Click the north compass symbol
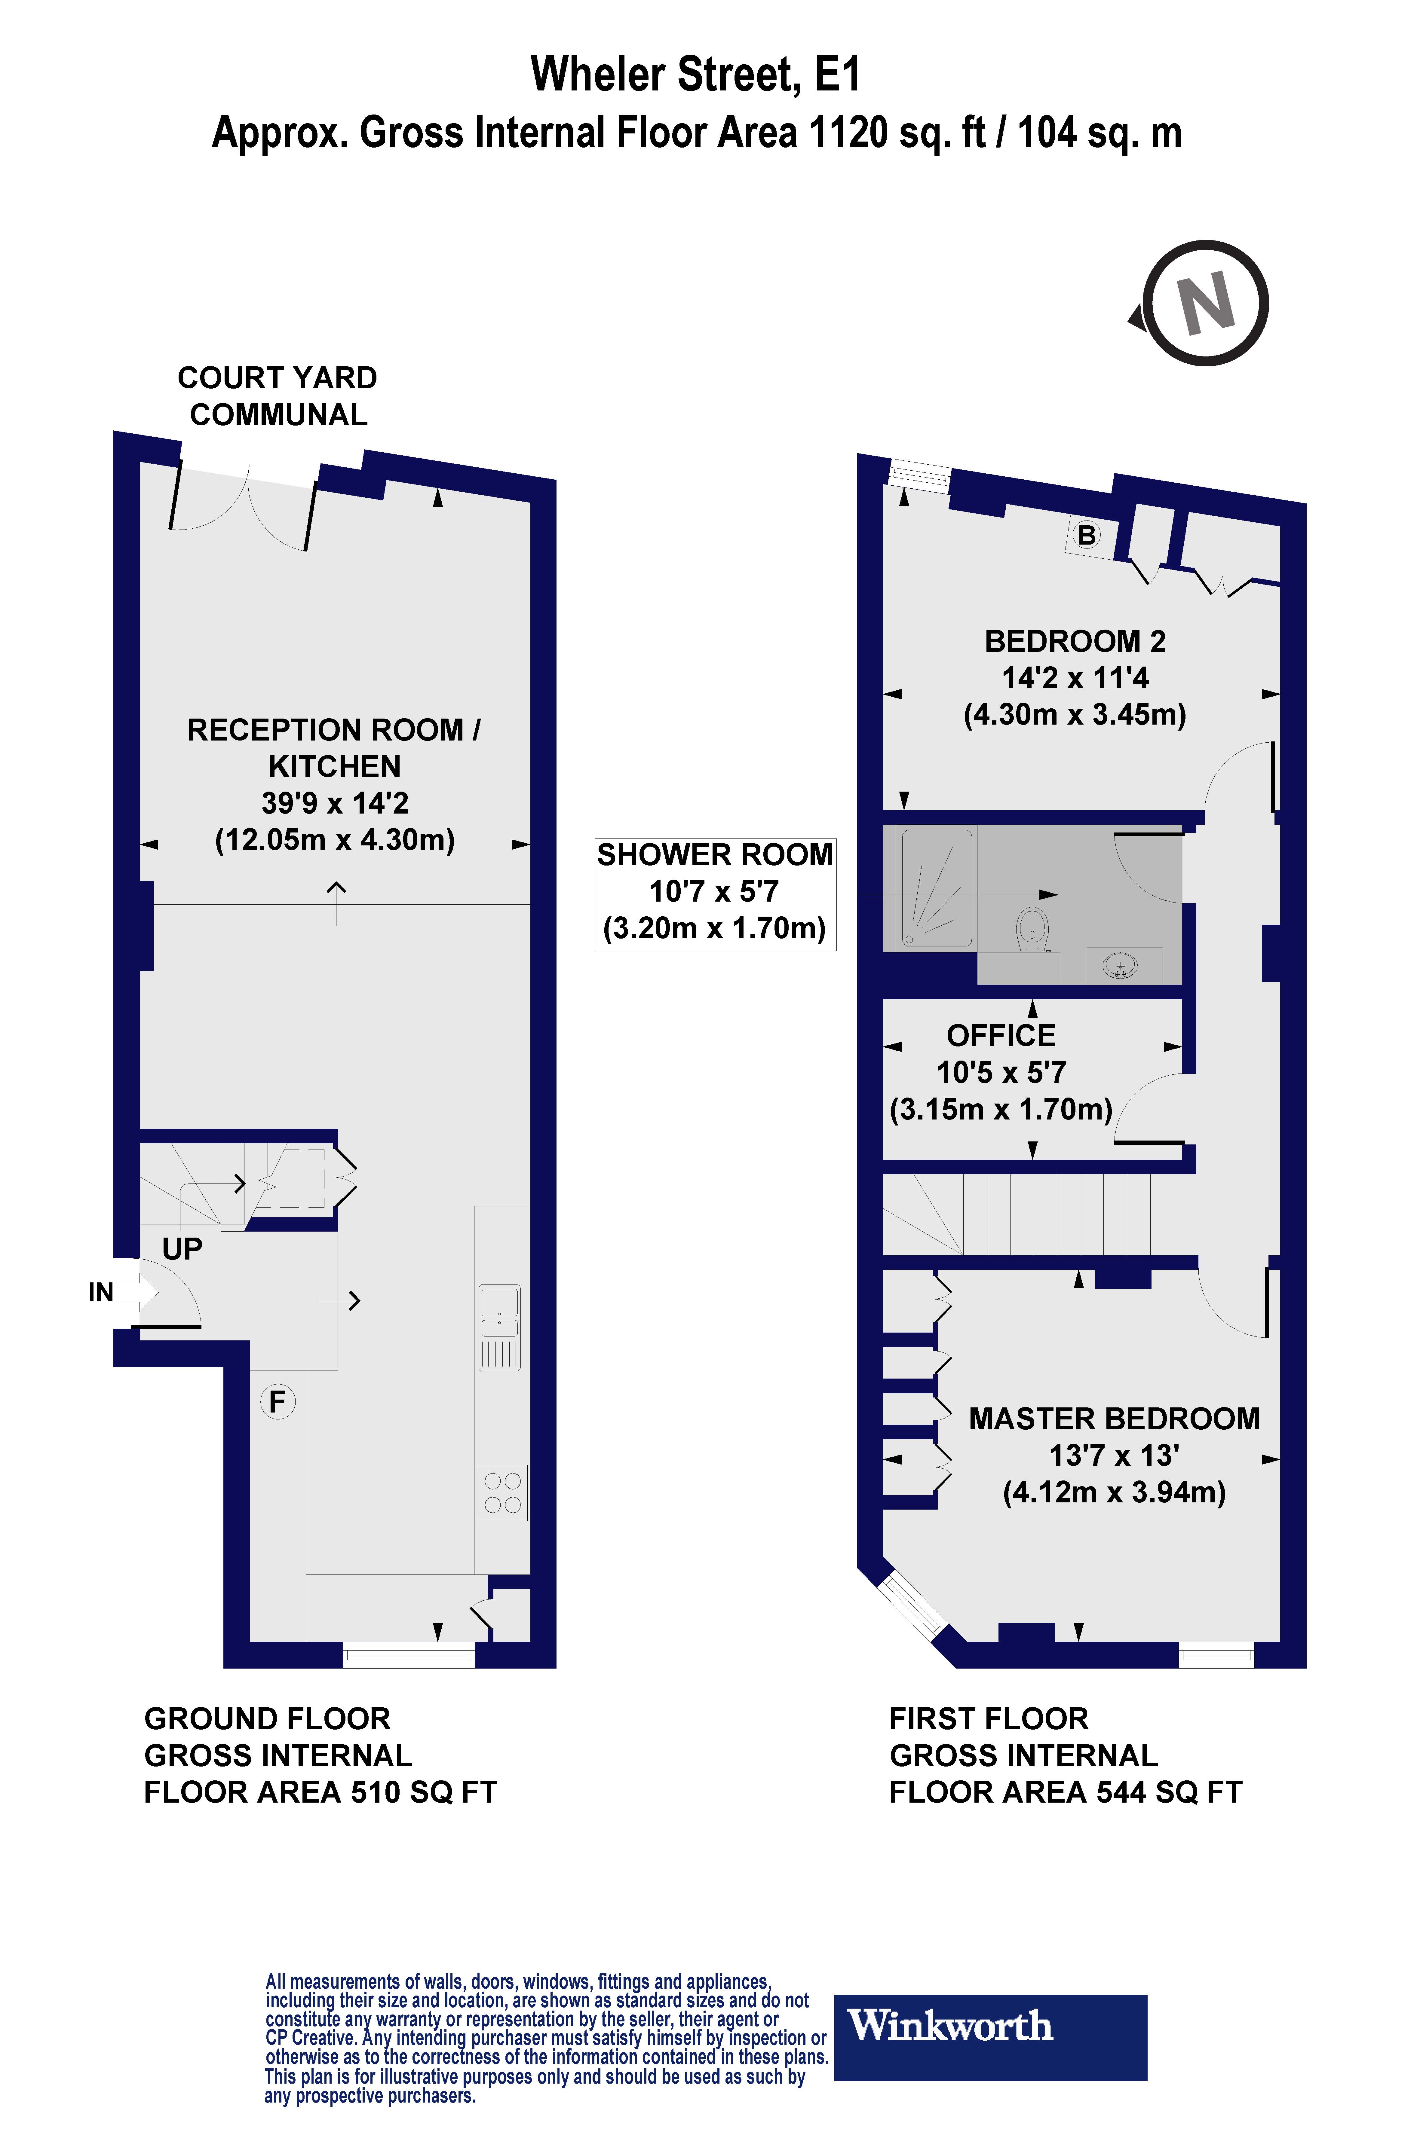pyautogui.click(x=1204, y=303)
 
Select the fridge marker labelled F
pyautogui.click(x=277, y=1401)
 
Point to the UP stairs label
pyautogui.click(x=182, y=1249)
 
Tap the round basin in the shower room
pyautogui.click(x=1121, y=966)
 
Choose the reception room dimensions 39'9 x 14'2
pyautogui.click(x=335, y=803)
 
